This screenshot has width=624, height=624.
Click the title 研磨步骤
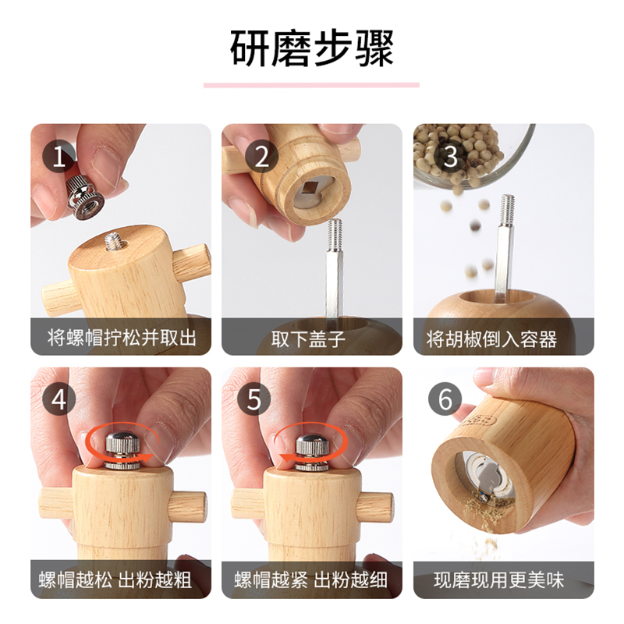click(x=312, y=48)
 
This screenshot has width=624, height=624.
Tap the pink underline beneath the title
click(x=312, y=85)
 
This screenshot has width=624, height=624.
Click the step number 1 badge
click(x=59, y=156)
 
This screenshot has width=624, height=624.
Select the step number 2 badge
click(x=261, y=156)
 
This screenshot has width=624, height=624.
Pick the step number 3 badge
click(x=450, y=156)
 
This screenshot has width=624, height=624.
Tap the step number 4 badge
click(x=59, y=399)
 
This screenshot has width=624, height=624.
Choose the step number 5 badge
click(x=254, y=399)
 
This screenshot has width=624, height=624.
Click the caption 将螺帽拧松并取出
click(x=120, y=338)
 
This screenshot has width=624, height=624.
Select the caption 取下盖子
click(x=311, y=338)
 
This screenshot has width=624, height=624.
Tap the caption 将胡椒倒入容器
click(x=503, y=338)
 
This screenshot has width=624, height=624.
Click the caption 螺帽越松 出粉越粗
click(x=120, y=580)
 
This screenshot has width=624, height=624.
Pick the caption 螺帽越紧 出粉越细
click(x=311, y=580)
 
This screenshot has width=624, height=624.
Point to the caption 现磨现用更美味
click(x=503, y=580)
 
